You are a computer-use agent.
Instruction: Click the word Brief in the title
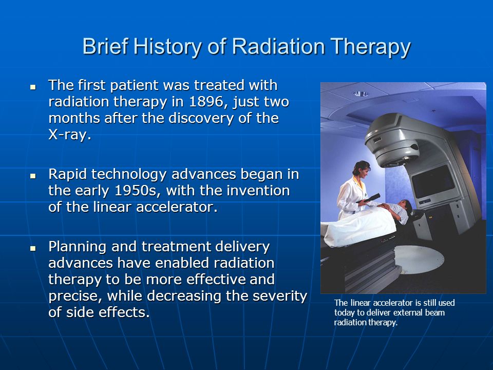click(x=105, y=46)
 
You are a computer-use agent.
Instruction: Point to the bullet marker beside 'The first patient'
click(x=33, y=86)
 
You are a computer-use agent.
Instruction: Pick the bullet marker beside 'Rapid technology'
click(x=33, y=176)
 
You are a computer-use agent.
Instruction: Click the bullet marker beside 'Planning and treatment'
click(x=33, y=248)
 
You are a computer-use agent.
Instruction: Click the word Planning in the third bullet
click(x=77, y=247)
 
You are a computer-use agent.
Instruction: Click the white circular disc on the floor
click(x=419, y=259)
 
